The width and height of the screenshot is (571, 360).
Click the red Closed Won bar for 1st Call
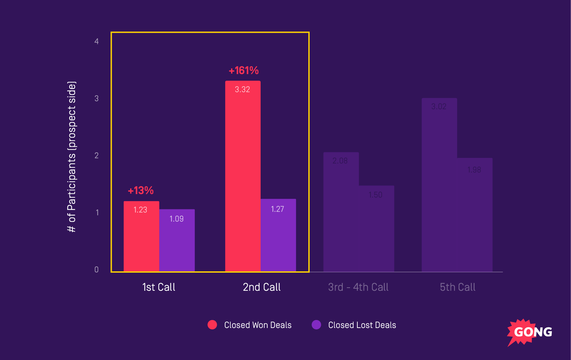pos(141,237)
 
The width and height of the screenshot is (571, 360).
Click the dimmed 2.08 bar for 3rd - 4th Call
pos(341,212)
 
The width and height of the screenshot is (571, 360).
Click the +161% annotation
pos(244,71)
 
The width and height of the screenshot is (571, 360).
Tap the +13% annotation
pos(141,191)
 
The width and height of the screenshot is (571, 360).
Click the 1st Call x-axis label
pos(159,287)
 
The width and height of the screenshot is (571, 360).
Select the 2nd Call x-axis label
pos(262,287)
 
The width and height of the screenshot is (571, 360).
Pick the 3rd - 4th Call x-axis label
pos(358,287)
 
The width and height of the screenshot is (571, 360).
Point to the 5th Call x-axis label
pos(458,287)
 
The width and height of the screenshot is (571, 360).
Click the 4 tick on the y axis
pos(96,42)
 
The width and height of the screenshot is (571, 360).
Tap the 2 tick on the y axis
pos(96,156)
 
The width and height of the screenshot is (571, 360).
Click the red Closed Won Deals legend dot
pos(212,325)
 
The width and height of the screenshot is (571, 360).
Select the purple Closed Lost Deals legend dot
pos(316,325)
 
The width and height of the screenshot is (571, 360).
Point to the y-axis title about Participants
pos(71,157)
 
